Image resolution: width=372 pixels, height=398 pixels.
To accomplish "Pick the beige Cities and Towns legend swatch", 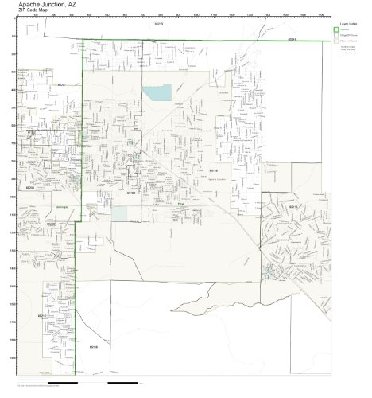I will [x=335, y=39].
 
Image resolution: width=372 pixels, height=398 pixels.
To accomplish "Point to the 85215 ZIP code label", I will [x=157, y=25].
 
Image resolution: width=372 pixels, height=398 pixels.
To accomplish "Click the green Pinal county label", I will [x=180, y=203].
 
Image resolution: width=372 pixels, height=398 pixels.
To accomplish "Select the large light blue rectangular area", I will [x=157, y=92].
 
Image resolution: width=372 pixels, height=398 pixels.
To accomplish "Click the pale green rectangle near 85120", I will [x=119, y=213].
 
